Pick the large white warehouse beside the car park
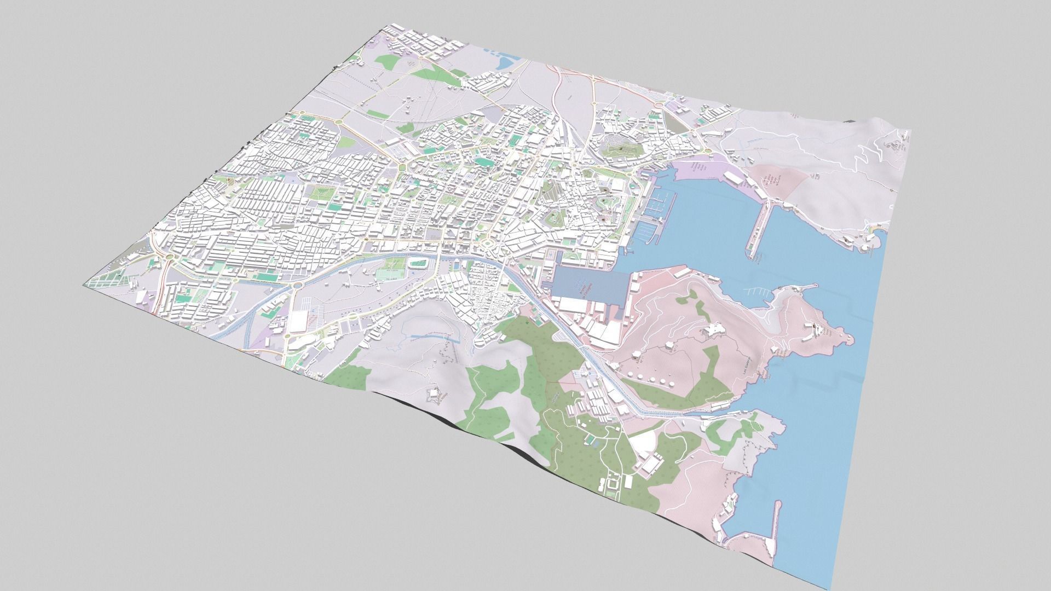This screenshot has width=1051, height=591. tap(298, 321)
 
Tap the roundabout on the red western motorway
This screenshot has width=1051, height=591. tap(170, 256)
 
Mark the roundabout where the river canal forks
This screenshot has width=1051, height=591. tap(297, 285)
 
